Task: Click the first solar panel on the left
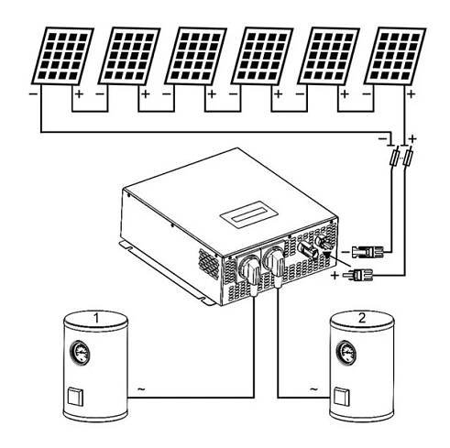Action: click(x=62, y=56)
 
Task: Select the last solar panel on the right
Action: click(x=395, y=56)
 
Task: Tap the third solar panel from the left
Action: click(x=196, y=56)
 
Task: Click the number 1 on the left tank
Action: click(x=96, y=318)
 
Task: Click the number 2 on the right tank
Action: click(x=362, y=318)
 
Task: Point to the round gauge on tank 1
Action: click(x=81, y=353)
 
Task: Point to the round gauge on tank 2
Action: click(x=346, y=353)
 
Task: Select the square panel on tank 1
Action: click(x=75, y=397)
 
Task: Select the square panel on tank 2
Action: click(x=342, y=397)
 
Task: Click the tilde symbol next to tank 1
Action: click(x=141, y=388)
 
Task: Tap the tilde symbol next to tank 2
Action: click(x=313, y=388)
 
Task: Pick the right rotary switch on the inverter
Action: click(x=274, y=264)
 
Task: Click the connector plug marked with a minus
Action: click(x=368, y=252)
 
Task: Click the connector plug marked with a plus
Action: click(x=357, y=275)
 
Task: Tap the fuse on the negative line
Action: click(x=395, y=158)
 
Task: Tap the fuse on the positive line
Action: click(x=409, y=158)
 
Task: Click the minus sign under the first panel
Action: click(x=33, y=93)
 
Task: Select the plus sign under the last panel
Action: click(x=412, y=93)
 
